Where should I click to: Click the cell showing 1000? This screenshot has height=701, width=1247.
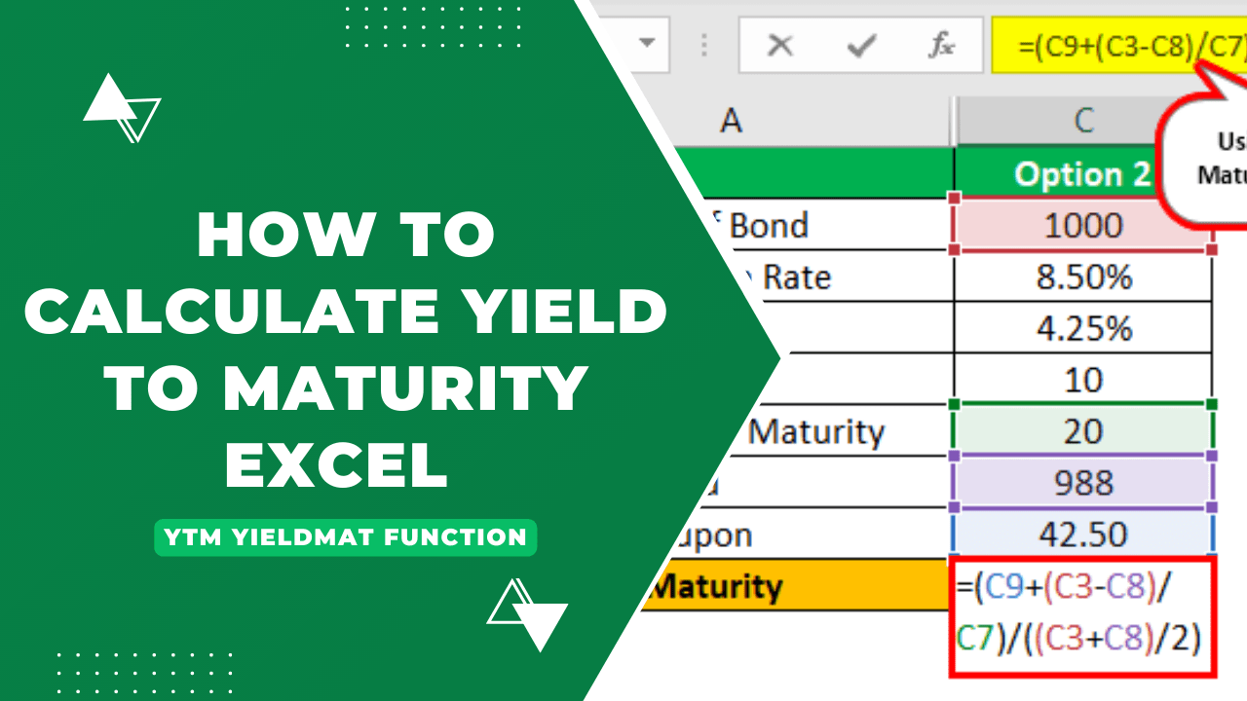pyautogui.click(x=1083, y=226)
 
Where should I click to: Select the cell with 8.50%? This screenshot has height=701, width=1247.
pyautogui.click(x=1083, y=277)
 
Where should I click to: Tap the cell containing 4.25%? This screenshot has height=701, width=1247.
pyautogui.click(x=1083, y=328)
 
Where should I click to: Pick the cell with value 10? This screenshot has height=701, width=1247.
pyautogui.click(x=1083, y=379)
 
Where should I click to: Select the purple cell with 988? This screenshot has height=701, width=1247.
pyautogui.click(x=1083, y=482)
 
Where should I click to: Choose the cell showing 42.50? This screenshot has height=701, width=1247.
pyautogui.click(x=1083, y=534)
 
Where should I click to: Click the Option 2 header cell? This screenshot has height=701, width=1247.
pyautogui.click(x=1082, y=174)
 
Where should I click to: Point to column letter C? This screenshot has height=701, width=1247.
pyautogui.click(x=1083, y=121)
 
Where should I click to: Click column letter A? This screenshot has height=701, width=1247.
pyautogui.click(x=731, y=121)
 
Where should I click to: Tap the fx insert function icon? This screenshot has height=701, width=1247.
pyautogui.click(x=941, y=45)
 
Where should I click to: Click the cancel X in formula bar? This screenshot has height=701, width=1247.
pyautogui.click(x=779, y=45)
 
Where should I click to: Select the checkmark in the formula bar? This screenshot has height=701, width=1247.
pyautogui.click(x=859, y=45)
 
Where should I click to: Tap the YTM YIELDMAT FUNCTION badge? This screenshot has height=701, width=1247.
pyautogui.click(x=345, y=536)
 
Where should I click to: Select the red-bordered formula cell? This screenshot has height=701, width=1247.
pyautogui.click(x=1083, y=615)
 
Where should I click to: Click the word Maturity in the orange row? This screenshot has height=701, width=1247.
pyautogui.click(x=716, y=586)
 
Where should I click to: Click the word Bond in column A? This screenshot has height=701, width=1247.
pyautogui.click(x=769, y=226)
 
